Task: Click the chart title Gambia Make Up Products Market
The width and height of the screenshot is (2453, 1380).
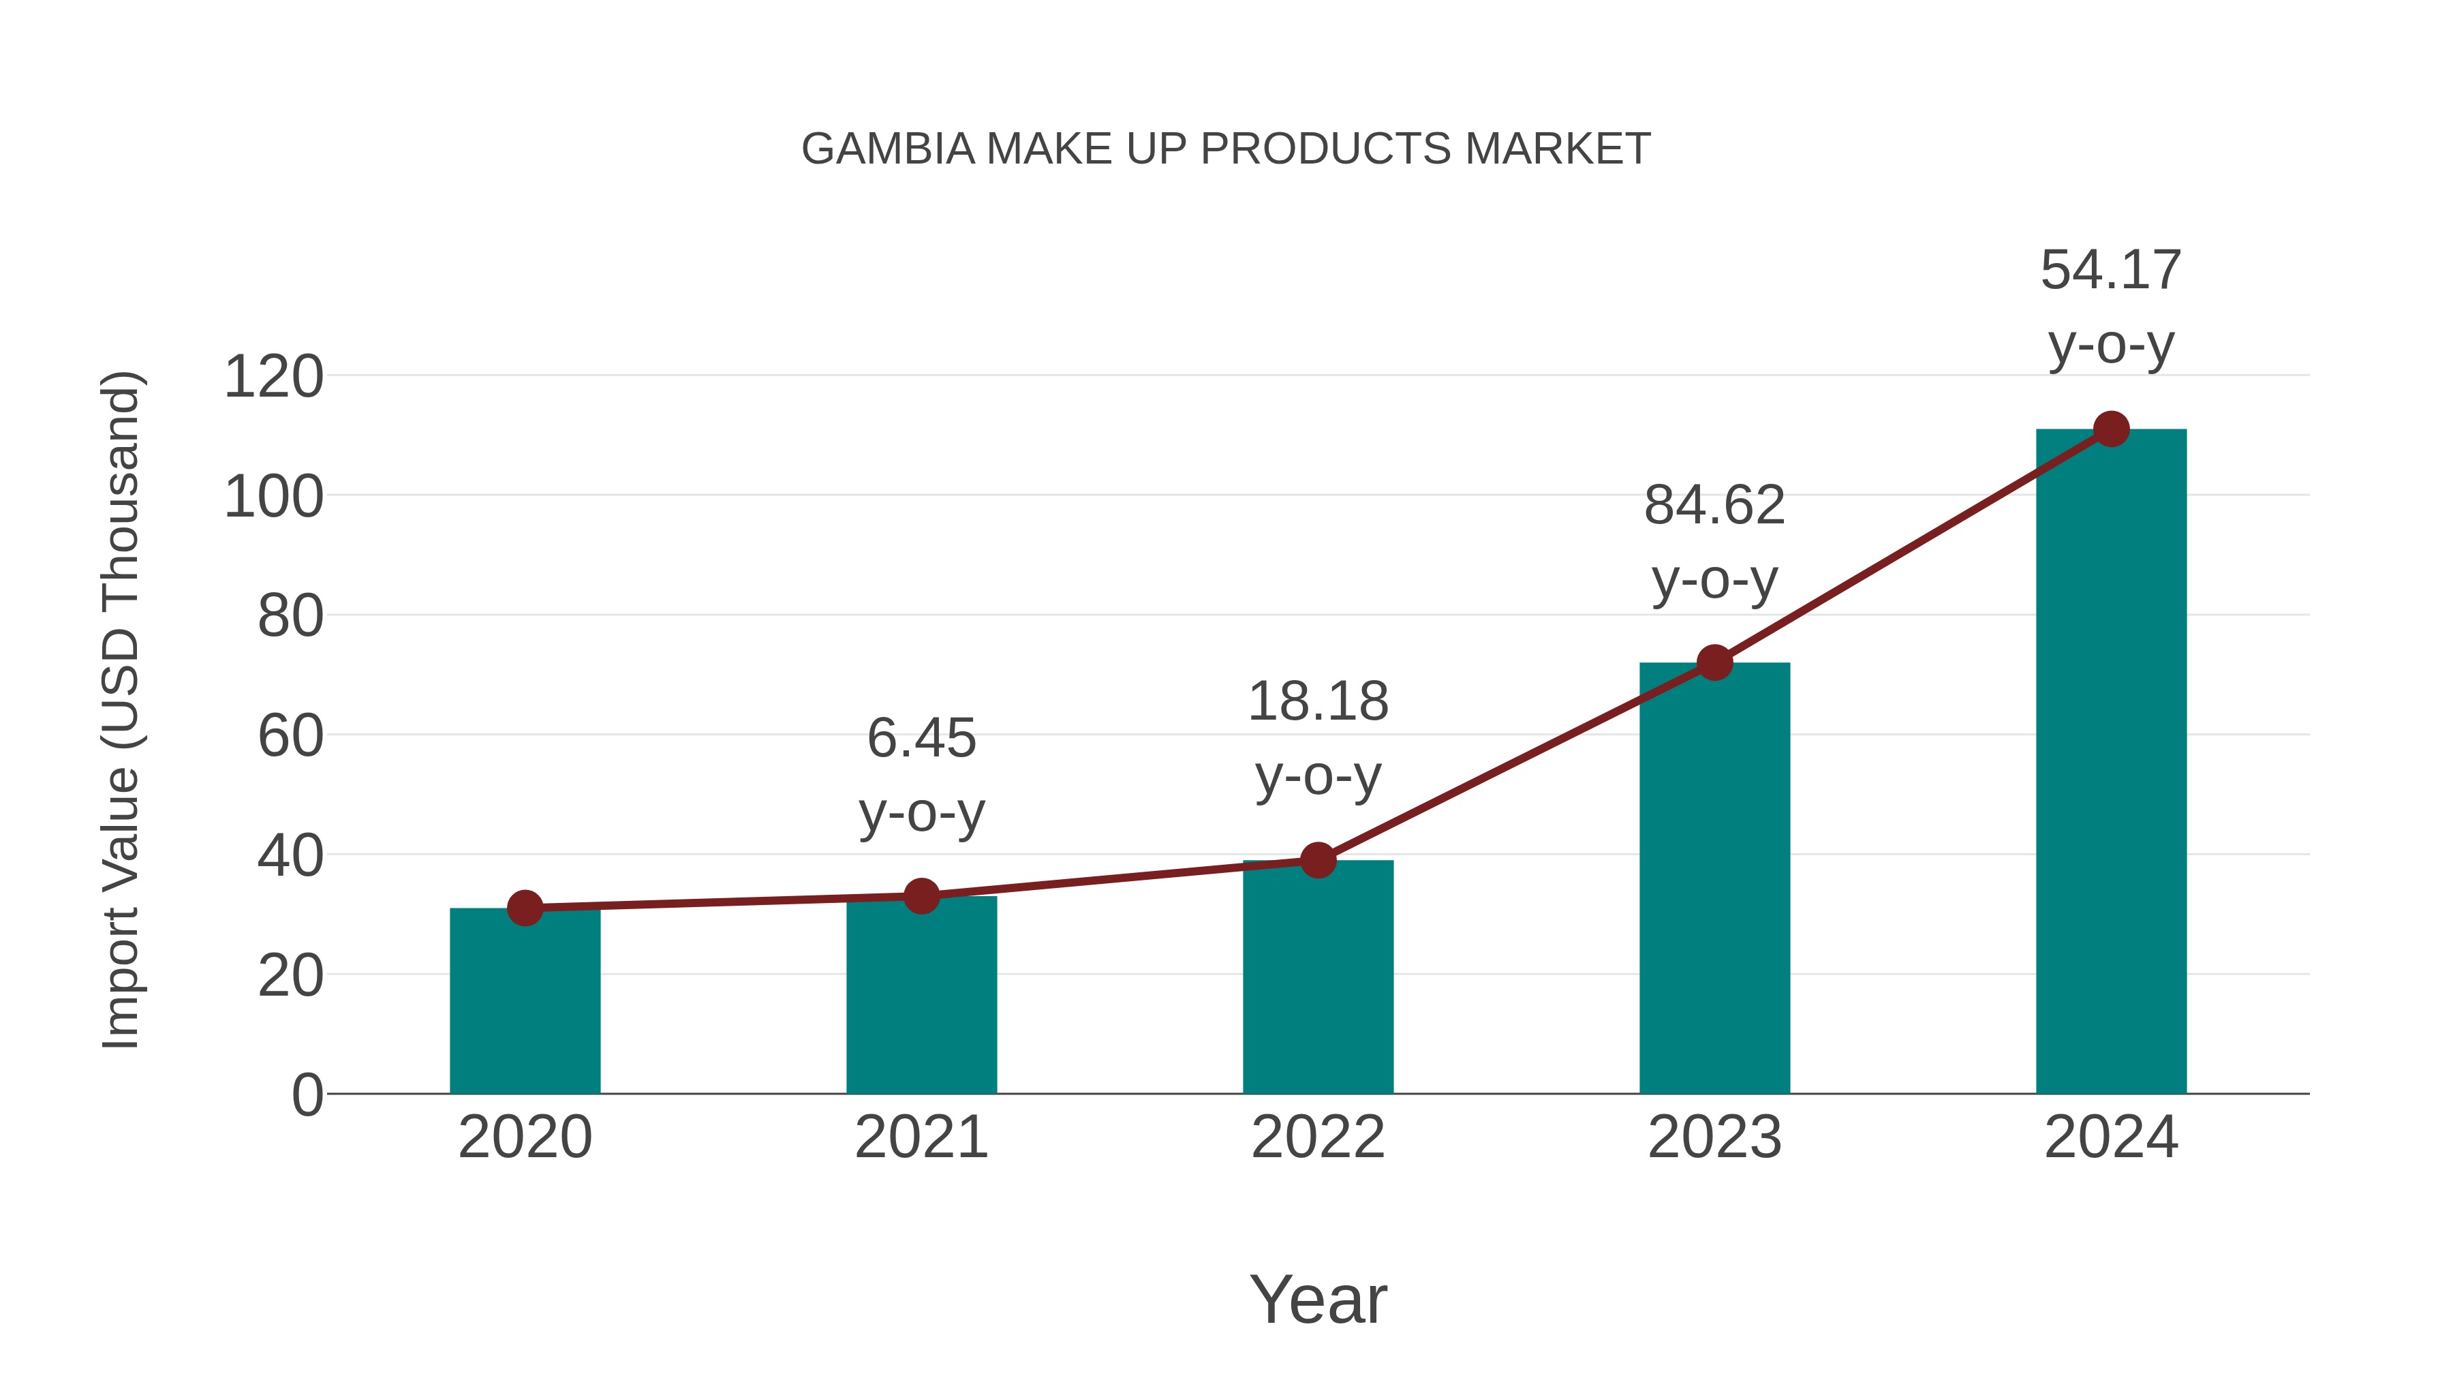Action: (x=1226, y=149)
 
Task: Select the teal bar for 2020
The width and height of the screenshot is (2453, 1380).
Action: (x=525, y=1009)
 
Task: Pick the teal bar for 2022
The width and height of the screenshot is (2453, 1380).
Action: (x=1318, y=981)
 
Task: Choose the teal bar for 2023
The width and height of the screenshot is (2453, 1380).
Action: (x=1714, y=886)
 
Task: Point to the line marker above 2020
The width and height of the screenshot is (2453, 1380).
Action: (x=525, y=908)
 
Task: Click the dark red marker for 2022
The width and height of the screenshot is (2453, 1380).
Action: (x=1318, y=861)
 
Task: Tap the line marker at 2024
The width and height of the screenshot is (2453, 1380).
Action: (x=2111, y=429)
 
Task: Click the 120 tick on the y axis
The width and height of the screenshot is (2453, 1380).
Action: (x=273, y=377)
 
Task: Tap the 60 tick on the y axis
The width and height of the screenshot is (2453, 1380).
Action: (x=290, y=736)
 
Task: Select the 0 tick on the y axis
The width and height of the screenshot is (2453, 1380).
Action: (x=307, y=1095)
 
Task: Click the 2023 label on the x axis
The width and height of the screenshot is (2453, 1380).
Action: (x=1714, y=1137)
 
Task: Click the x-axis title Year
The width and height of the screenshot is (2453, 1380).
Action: (x=1318, y=1299)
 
